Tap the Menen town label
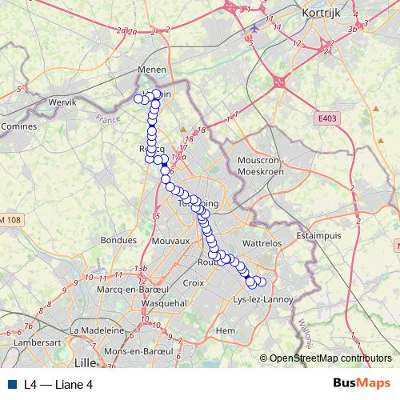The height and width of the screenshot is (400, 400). pos(152,70)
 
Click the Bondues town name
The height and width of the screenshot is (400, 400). pos(119,239)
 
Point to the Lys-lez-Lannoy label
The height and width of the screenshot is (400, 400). pos(262,299)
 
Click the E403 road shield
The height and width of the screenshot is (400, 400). pos(326,118)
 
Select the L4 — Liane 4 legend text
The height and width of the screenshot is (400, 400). pos(58,384)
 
